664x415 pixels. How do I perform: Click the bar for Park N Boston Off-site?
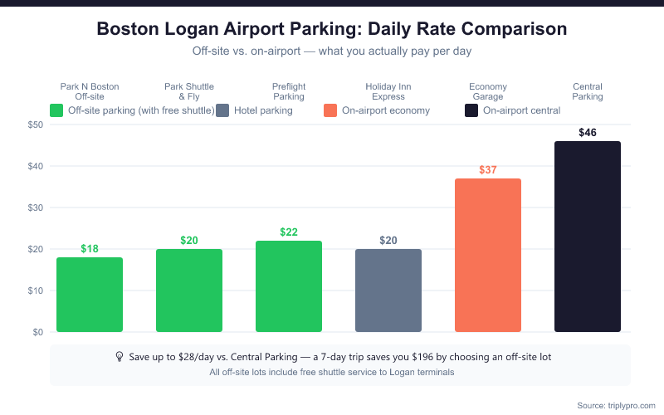90,295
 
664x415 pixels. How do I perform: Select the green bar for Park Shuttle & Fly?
189,290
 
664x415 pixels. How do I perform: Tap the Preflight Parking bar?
289,286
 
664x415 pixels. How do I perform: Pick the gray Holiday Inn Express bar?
388,290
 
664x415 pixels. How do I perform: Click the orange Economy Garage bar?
488,256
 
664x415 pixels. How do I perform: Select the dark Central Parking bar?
588,237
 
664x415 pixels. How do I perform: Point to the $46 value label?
588,133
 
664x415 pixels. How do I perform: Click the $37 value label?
488,170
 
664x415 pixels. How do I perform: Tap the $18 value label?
90,249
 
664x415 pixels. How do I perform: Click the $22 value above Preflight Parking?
289,232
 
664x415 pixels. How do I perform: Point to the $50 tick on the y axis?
34,124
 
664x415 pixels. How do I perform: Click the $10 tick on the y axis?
34,290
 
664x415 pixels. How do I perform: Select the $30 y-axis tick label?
34,207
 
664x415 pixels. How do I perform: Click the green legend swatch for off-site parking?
56,110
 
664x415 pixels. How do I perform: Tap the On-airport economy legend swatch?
330,110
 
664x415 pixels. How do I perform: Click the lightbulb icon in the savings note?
120,356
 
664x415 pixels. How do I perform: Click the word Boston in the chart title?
129,29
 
